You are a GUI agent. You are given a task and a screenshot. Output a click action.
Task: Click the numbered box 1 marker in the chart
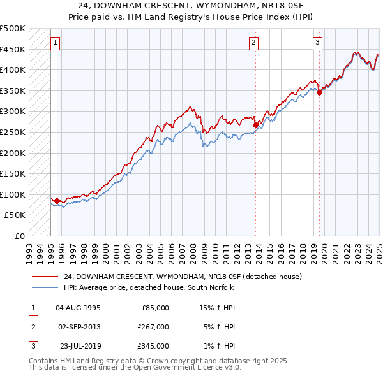56,43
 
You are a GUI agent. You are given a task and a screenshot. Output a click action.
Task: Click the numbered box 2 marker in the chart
253,43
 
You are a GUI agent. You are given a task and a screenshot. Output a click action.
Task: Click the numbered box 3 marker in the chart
317,43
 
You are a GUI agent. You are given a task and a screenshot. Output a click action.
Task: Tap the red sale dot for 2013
255,126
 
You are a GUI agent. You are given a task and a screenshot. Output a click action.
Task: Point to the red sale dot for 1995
57,201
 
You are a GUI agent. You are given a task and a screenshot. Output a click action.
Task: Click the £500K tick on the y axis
13,29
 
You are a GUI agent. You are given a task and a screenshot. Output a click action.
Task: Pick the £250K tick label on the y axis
13,132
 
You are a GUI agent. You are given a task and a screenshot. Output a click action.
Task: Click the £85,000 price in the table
154,307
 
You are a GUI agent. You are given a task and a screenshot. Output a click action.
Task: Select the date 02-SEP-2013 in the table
79,327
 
